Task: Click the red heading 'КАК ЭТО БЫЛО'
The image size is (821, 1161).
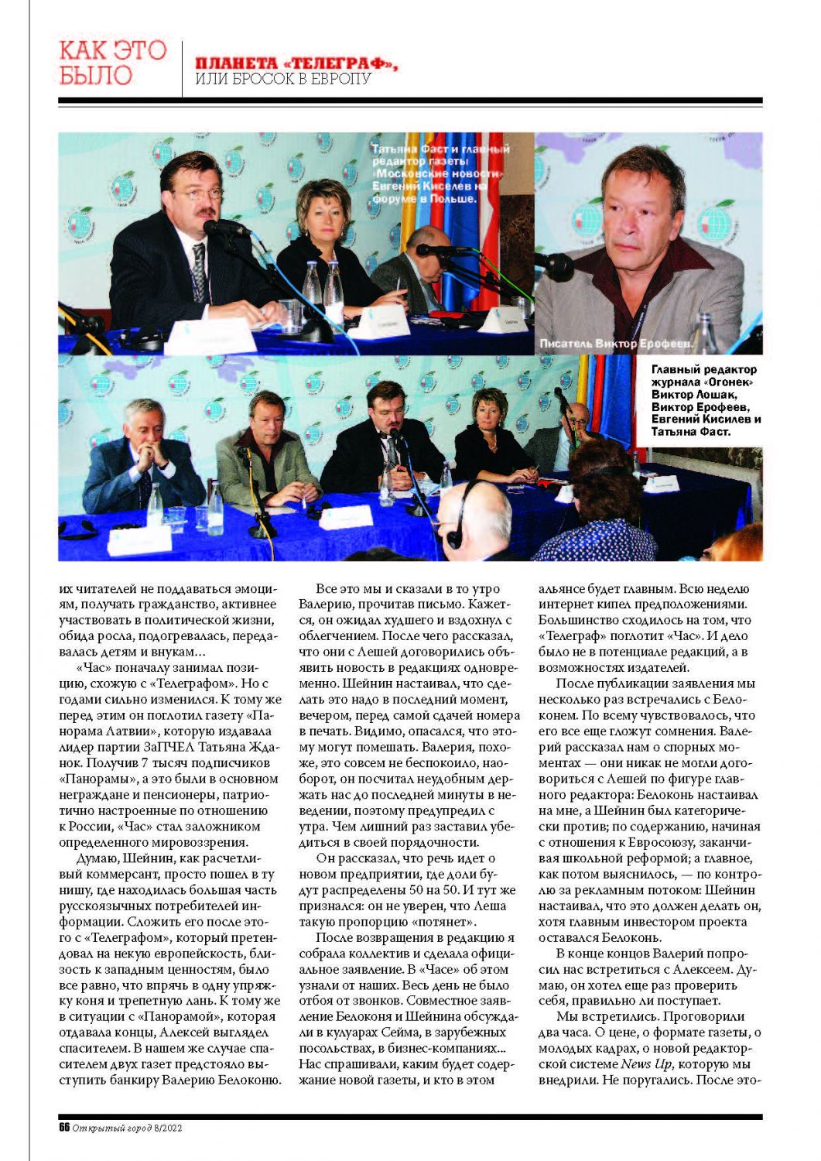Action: [x=112, y=63]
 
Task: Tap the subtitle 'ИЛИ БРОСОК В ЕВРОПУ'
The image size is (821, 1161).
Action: [x=283, y=80]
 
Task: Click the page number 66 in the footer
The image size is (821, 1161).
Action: [x=64, y=1128]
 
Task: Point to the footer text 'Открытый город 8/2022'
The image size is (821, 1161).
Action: [x=127, y=1128]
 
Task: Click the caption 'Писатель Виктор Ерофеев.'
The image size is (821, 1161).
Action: [x=617, y=343]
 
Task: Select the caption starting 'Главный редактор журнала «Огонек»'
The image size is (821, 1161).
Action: [x=705, y=400]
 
